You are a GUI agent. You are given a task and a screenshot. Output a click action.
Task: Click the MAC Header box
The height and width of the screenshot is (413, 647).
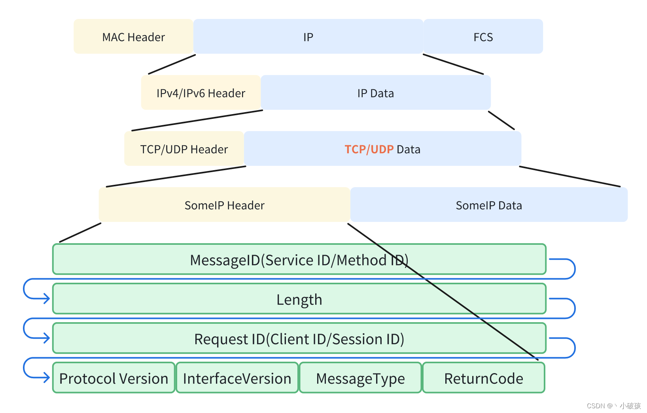(133, 37)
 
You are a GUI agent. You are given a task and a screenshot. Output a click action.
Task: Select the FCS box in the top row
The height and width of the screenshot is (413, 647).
(483, 37)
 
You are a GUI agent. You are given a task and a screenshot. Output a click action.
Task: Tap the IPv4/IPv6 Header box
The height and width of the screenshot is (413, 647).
(201, 93)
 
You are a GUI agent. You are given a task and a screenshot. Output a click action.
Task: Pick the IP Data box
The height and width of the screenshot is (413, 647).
(375, 93)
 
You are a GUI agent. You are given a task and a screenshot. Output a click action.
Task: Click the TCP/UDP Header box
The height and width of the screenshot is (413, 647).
(184, 149)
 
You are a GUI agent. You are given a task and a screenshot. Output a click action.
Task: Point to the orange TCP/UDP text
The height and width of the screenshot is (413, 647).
(369, 149)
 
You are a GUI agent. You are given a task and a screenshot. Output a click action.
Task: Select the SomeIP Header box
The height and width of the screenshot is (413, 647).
(224, 205)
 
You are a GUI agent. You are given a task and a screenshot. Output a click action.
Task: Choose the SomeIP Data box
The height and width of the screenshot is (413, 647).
(488, 205)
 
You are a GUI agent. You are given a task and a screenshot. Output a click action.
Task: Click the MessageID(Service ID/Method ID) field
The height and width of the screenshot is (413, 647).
(299, 260)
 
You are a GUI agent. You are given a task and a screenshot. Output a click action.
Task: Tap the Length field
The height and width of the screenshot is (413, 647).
(299, 299)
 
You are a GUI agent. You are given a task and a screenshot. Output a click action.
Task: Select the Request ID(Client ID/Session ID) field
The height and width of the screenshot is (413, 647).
(299, 339)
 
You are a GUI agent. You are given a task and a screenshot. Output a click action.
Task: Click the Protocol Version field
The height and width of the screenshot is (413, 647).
(114, 378)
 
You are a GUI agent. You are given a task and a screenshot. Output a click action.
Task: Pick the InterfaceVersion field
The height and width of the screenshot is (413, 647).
(237, 378)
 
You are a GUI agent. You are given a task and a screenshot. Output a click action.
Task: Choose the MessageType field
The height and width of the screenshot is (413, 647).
(360, 378)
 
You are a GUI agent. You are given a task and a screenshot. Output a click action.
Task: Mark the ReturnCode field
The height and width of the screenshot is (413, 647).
(483, 378)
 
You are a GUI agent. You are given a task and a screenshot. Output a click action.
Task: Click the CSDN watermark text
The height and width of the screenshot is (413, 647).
(613, 405)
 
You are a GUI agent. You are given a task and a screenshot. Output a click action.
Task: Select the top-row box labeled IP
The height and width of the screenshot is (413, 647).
(308, 37)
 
